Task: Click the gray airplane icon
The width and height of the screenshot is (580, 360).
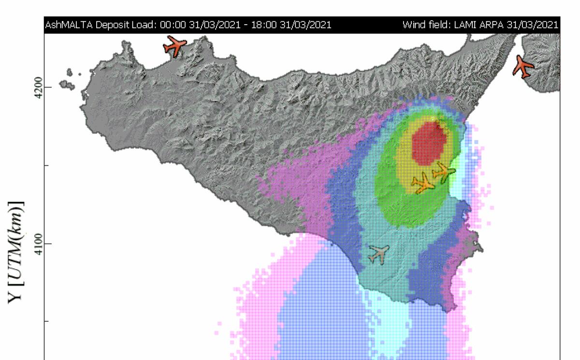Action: point(379,254)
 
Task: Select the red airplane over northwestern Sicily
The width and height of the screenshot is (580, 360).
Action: point(174,46)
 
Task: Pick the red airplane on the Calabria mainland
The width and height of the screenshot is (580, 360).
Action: point(523,66)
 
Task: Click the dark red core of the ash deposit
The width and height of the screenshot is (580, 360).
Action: point(429,143)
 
